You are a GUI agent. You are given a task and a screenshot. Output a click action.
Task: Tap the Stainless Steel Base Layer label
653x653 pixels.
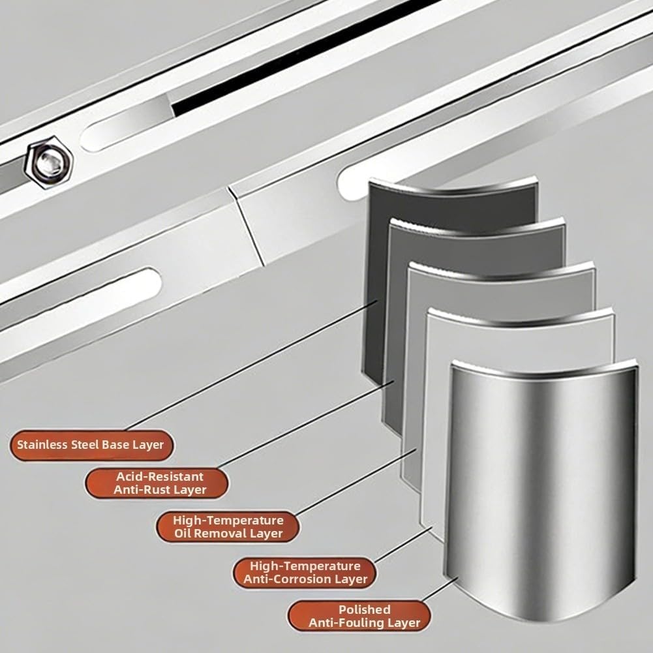coord(91,445)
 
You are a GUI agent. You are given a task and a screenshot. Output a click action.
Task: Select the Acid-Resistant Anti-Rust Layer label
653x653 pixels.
coord(157,483)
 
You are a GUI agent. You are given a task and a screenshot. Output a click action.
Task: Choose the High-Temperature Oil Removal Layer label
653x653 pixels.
coord(228,527)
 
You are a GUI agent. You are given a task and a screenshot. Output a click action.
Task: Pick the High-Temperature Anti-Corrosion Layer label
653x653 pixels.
coord(305,573)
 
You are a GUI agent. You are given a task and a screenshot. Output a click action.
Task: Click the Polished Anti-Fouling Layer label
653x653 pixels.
coord(359,616)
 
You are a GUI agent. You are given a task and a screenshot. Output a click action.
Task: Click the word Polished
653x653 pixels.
coord(365,610)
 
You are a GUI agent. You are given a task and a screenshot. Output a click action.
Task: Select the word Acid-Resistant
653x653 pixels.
coord(160,476)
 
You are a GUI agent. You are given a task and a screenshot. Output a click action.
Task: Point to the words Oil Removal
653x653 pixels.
coord(215,534)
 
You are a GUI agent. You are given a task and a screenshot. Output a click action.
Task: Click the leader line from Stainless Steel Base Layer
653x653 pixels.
coord(251,365)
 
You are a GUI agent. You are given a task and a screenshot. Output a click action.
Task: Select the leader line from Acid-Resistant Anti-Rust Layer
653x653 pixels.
coord(305,424)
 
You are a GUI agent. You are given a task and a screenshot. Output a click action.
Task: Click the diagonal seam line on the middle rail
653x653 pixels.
coord(246,226)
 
